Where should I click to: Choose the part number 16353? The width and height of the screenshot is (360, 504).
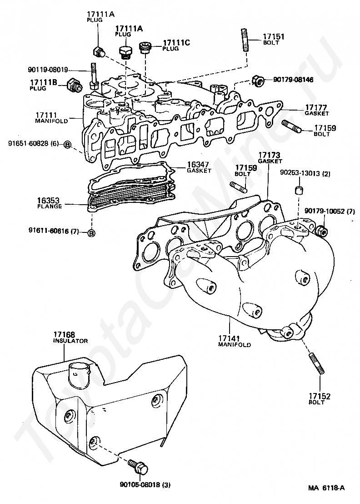(50, 200)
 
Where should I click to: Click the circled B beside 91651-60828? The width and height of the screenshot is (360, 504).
(67, 144)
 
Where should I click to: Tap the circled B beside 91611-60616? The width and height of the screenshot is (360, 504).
(91, 233)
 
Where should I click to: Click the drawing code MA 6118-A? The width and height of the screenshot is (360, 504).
(326, 489)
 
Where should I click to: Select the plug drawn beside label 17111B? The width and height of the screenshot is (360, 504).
(74, 85)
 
